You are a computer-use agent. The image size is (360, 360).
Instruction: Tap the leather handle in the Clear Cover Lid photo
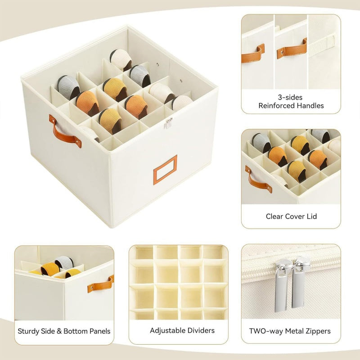click(258, 178)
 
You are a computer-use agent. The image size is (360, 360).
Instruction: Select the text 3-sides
click(290, 97)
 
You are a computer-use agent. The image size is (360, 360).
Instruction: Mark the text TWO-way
click(265, 331)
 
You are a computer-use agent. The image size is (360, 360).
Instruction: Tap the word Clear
click(274, 216)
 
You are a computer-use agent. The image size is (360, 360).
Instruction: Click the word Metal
click(292, 331)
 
